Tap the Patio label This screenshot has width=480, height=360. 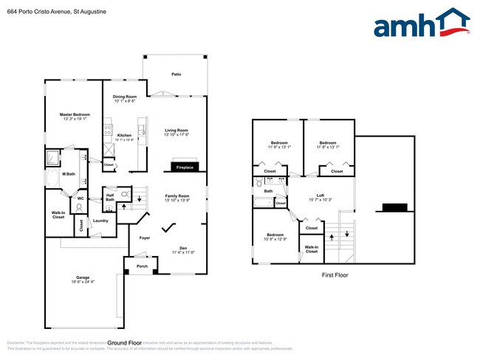click(x=176, y=75)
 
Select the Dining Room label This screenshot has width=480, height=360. click(x=125, y=97)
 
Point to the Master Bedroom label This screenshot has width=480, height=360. click(x=75, y=114)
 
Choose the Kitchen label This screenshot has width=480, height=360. click(x=124, y=136)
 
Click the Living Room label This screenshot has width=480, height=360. click(x=176, y=131)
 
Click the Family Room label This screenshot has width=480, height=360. click(x=177, y=195)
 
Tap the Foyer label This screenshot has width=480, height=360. click(x=145, y=238)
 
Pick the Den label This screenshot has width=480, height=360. click(x=183, y=248)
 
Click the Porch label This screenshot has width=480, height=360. click(x=142, y=266)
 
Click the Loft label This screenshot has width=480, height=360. click(x=320, y=195)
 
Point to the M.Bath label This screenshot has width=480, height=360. click(x=67, y=174)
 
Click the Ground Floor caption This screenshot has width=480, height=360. click(x=125, y=343)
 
